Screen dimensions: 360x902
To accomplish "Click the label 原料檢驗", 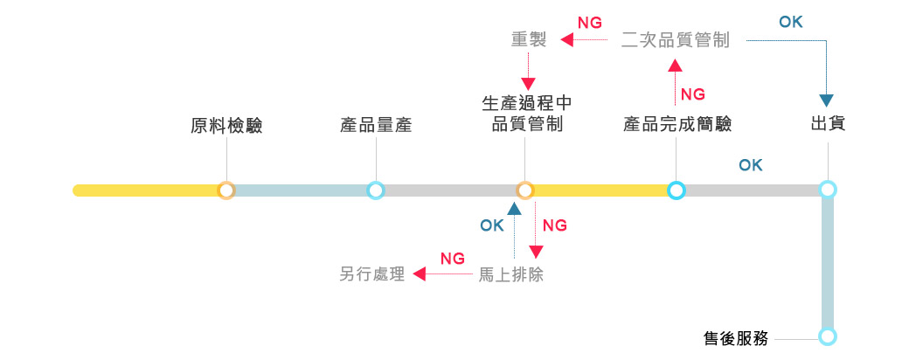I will [x=226, y=126].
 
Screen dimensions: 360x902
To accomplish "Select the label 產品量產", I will [x=376, y=126].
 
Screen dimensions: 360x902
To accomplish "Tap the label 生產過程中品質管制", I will [x=526, y=114].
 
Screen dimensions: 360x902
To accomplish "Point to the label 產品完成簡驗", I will [x=677, y=125].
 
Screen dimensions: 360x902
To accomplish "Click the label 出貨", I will [x=827, y=125].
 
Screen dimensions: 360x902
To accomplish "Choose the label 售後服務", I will [x=736, y=338].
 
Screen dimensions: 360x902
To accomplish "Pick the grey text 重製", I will [x=529, y=40].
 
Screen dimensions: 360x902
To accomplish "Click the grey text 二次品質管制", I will [x=676, y=40].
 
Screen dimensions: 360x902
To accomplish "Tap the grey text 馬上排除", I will [x=511, y=274].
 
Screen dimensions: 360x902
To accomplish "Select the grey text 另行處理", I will [x=372, y=274].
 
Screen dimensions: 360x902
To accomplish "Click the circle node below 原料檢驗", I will [x=226, y=190].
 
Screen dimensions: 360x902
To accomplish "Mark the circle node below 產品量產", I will [x=376, y=190].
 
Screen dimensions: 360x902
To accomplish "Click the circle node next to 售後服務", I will [x=827, y=336].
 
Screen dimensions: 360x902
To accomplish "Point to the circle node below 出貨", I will [x=827, y=190].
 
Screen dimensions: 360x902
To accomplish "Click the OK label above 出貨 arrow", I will [x=790, y=22].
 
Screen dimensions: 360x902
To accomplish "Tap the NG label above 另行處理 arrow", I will [x=452, y=258].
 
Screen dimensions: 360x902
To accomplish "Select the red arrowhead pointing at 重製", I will [x=566, y=40].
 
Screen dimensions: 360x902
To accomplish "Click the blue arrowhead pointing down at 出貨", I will [x=827, y=100].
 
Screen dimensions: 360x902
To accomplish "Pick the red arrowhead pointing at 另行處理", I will [x=419, y=274].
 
